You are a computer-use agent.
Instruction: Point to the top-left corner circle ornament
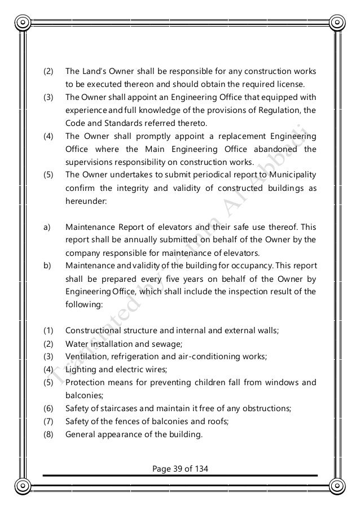(23, 23)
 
